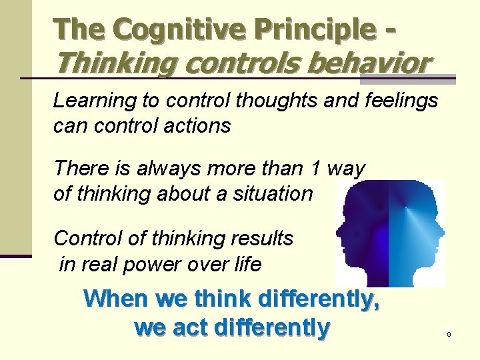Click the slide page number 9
[x=449, y=333]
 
